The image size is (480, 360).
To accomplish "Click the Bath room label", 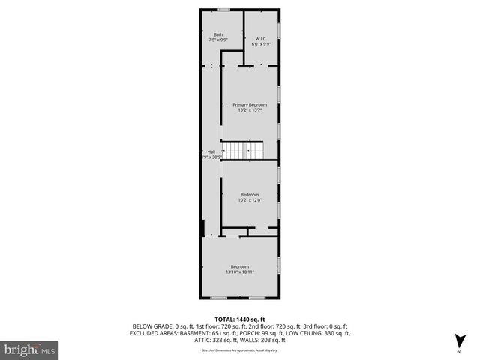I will click(x=218, y=34).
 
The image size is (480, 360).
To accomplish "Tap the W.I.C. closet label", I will click(x=262, y=39).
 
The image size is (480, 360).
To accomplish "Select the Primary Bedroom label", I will click(x=250, y=104).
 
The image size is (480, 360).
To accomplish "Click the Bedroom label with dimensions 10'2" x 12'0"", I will click(x=250, y=194).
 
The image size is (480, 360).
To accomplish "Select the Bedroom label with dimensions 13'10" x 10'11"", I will click(x=240, y=267).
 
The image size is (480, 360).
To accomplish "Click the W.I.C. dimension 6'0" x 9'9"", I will click(x=262, y=44).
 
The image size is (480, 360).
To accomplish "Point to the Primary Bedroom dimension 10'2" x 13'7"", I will click(x=250, y=110).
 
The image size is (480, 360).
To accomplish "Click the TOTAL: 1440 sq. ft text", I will click(x=240, y=319).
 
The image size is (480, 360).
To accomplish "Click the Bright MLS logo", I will click(x=30, y=349).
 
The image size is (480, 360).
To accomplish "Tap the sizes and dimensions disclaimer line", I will click(x=240, y=349).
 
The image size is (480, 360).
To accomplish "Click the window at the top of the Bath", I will click(x=223, y=9).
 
